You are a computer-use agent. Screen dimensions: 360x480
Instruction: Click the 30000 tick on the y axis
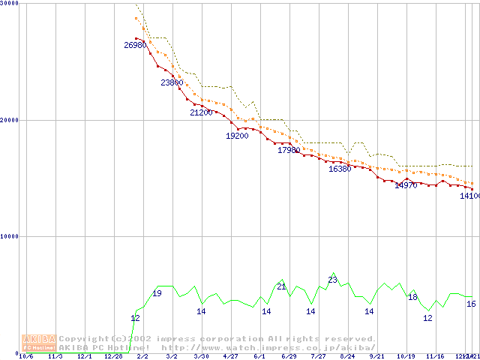8,4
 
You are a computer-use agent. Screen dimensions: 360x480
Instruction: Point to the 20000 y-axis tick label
8,120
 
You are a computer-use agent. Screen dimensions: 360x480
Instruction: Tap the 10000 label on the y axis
8,236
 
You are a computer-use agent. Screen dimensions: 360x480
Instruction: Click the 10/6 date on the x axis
25,356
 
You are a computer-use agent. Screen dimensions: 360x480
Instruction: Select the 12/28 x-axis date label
113,356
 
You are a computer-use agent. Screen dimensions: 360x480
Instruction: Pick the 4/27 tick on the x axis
230,356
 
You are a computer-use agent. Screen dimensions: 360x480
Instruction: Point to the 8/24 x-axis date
347,356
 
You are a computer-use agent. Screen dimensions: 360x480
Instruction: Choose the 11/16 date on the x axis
435,356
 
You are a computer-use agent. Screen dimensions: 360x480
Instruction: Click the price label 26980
136,45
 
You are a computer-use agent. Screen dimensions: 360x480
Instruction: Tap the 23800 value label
172,82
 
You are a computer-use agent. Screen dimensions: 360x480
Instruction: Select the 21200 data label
201,112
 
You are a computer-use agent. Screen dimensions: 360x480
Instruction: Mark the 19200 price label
237,136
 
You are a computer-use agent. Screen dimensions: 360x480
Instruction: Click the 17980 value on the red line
289,150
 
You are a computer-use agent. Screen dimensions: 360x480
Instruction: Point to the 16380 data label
340,169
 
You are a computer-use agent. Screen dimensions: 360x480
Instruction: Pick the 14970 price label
406,184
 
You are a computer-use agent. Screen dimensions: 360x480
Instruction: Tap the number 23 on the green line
333,280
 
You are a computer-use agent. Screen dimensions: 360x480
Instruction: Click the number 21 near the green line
282,286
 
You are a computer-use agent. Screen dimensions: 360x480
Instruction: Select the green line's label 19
157,293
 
